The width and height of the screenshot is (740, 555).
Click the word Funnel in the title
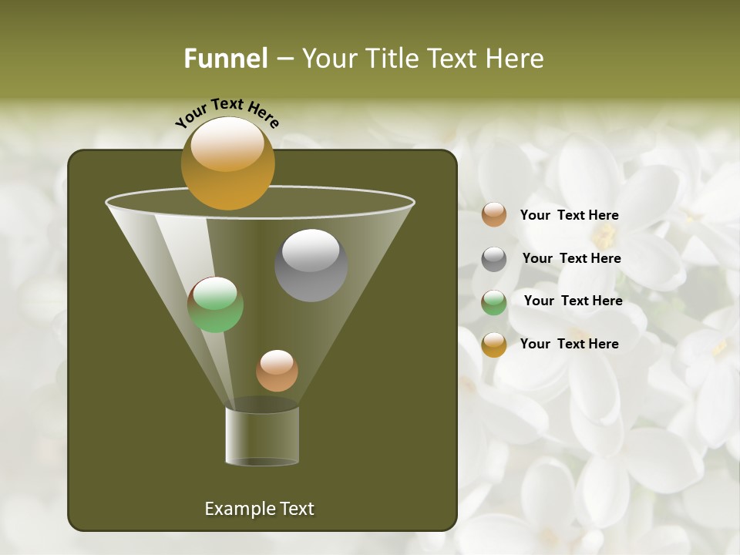(226, 59)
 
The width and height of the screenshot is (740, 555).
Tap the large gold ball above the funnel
(227, 163)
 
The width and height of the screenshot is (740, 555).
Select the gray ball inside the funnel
(311, 265)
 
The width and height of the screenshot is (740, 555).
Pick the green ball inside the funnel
(215, 305)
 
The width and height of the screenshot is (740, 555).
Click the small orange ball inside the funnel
(277, 371)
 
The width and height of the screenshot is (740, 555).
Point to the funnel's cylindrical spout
(262, 436)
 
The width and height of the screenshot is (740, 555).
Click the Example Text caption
(259, 509)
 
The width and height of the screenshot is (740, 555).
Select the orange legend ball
(494, 215)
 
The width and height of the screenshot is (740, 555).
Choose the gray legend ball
(494, 259)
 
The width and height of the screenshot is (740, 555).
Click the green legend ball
(494, 302)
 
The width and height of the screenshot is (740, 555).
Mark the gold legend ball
(494, 345)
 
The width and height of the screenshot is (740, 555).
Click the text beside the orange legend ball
(569, 216)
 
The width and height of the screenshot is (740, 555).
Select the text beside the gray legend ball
(571, 259)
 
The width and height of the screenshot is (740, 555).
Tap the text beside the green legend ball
(573, 301)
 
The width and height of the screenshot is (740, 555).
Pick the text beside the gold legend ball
(569, 344)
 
